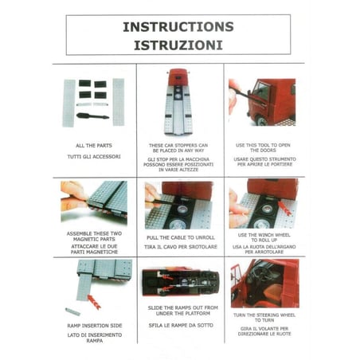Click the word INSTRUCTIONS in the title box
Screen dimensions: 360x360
[178, 27]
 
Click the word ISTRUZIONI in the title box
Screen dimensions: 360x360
[178, 45]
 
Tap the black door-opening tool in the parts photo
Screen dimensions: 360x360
[92, 116]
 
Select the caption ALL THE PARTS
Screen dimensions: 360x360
[94, 146]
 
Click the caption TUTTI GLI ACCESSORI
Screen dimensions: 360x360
[94, 157]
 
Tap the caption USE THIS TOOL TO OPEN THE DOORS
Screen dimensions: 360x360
[263, 147]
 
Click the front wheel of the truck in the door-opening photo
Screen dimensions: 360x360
[262, 121]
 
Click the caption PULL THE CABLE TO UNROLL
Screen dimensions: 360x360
[181, 237]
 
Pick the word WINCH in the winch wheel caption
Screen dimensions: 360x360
[256, 235]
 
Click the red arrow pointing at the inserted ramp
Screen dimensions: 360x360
[94, 302]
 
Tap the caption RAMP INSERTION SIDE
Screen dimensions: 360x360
[95, 326]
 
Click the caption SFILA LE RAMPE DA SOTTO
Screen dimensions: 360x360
[181, 325]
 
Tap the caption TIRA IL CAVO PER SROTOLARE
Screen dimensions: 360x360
[181, 247]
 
